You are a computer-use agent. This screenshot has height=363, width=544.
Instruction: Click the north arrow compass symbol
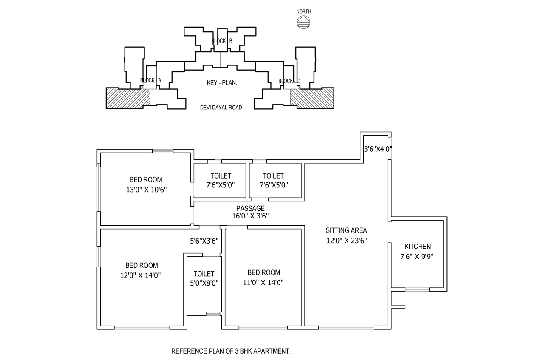click(303, 23)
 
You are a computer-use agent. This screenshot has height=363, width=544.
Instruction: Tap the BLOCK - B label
click(221, 41)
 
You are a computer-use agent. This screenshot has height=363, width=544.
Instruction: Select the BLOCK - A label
click(150, 80)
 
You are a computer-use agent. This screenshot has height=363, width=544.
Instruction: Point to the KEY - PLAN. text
click(222, 83)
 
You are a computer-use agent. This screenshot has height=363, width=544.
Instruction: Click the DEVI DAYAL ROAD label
click(221, 108)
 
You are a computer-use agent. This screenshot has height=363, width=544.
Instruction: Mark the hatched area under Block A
click(128, 98)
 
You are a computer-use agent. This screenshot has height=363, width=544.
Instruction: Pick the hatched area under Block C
click(312, 98)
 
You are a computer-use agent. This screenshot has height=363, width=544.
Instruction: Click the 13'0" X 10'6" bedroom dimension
click(147, 190)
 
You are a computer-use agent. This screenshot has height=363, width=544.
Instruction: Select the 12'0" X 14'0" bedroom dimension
click(140, 275)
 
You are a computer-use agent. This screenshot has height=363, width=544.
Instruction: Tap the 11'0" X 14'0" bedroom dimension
click(263, 283)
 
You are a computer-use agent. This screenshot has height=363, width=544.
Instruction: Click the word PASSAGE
click(250, 208)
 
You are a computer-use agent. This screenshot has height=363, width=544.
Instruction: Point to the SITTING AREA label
click(346, 230)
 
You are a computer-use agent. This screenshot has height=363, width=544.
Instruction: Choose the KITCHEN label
click(417, 247)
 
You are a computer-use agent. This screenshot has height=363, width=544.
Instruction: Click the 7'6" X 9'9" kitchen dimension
click(417, 257)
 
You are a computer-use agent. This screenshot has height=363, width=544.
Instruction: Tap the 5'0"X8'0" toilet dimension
click(204, 284)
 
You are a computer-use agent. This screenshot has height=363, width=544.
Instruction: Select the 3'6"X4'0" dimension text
click(378, 149)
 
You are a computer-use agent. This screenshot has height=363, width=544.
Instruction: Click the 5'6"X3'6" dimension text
click(204, 241)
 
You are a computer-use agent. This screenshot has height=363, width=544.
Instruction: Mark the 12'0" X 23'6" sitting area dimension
click(346, 241)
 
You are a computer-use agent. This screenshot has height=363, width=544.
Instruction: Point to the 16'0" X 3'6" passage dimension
click(250, 216)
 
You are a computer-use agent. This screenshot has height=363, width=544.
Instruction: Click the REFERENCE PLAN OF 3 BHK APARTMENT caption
click(231, 351)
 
